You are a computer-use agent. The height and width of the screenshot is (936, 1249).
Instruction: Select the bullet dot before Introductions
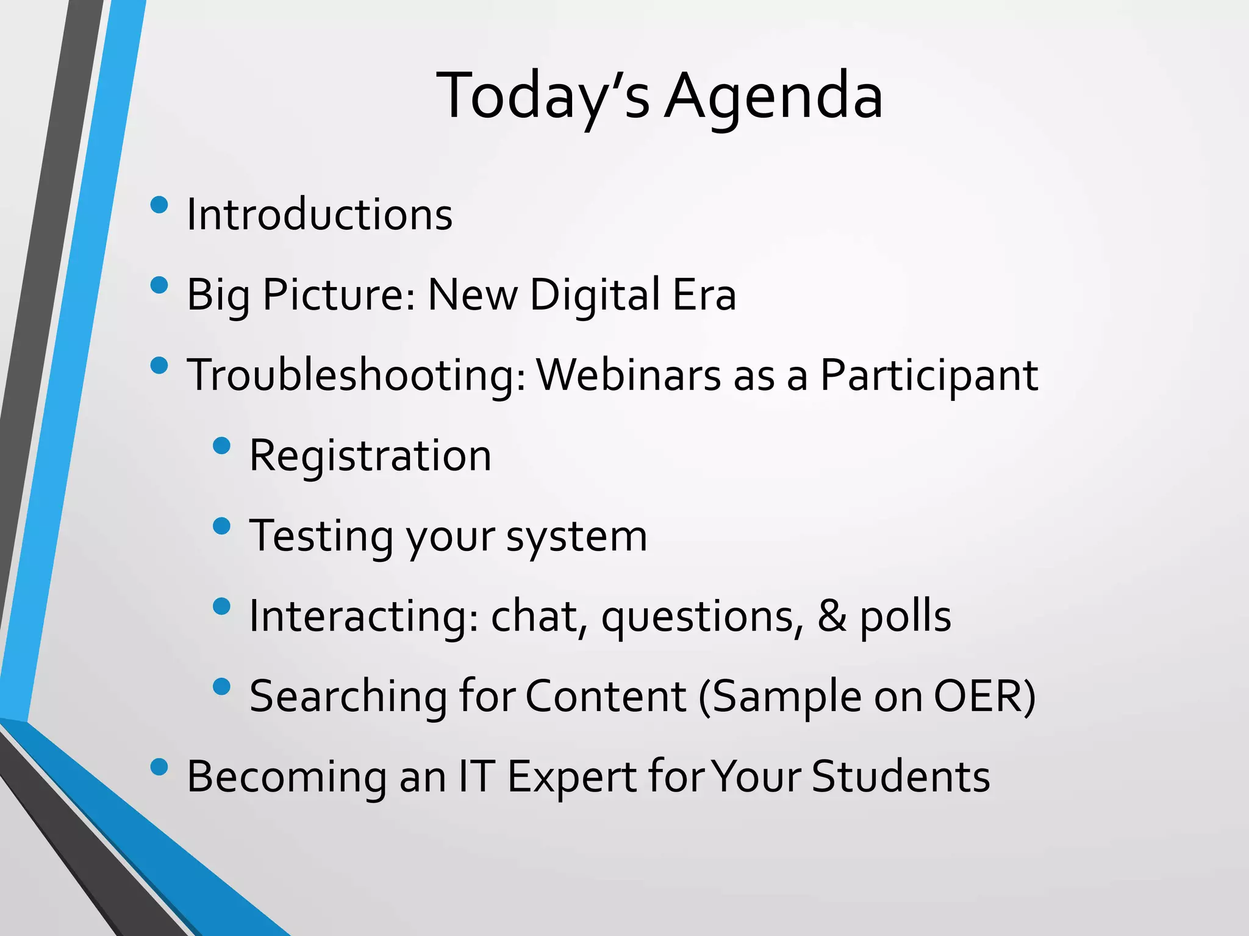[x=159, y=205]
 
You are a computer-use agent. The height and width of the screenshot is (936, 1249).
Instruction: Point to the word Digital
[x=595, y=295]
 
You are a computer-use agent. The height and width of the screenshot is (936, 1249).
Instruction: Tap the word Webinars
[x=628, y=375]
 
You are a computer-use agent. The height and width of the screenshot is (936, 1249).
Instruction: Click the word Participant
[x=928, y=375]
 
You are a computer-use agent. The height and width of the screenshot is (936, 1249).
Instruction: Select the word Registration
[x=370, y=456]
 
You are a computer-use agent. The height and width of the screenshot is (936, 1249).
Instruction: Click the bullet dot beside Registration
[x=222, y=445]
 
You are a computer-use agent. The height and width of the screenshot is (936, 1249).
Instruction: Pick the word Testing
[x=321, y=536]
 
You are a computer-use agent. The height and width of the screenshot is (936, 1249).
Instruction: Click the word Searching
[x=348, y=696]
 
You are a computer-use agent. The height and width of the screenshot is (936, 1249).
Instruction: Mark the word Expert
[x=571, y=778]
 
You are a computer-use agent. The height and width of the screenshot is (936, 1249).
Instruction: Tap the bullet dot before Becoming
[x=159, y=767]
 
